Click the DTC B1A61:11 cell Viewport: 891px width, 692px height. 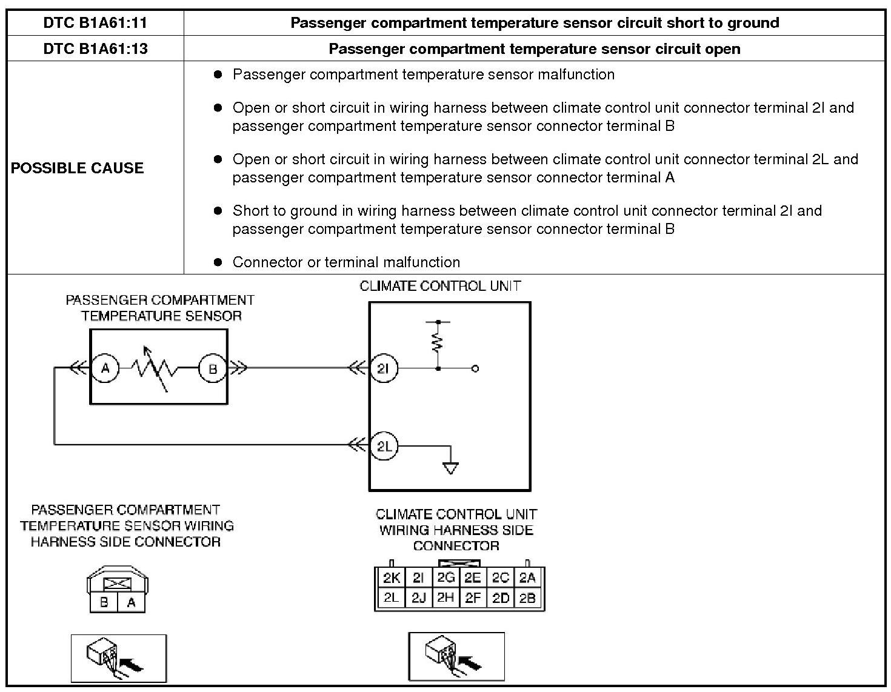(95, 23)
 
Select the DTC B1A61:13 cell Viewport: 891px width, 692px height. (95, 48)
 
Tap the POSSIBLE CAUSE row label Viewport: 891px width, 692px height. (78, 168)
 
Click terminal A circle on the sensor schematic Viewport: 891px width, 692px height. (105, 368)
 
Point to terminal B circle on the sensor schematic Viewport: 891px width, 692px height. (213, 368)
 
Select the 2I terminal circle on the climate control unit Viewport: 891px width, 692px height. (383, 368)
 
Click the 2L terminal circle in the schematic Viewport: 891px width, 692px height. (384, 447)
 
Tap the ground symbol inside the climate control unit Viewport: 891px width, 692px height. (450, 467)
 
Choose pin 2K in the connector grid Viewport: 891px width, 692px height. (391, 578)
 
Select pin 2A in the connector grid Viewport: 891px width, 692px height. (527, 578)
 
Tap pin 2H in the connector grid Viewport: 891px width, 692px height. (446, 598)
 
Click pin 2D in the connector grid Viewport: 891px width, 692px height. (500, 598)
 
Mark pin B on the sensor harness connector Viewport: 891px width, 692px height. (104, 603)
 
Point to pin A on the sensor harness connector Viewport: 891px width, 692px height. (131, 603)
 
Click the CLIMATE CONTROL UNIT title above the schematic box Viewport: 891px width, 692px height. (440, 286)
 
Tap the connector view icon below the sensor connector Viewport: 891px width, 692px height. (119, 658)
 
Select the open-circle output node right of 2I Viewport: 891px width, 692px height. (475, 368)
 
